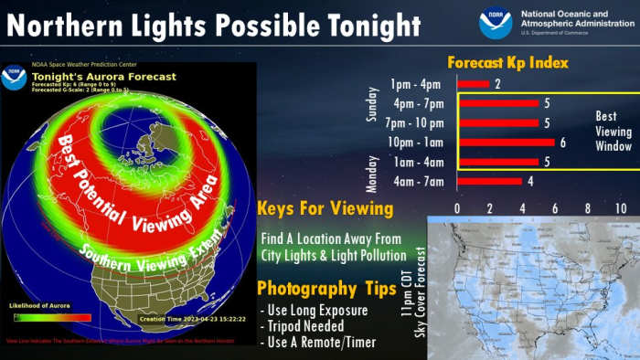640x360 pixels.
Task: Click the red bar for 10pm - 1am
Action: click(x=506, y=142)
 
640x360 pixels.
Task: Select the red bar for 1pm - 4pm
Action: click(x=473, y=84)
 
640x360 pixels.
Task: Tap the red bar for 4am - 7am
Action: click(x=489, y=181)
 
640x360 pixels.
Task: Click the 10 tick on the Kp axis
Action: click(x=621, y=209)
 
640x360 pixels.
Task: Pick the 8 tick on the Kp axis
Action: click(x=588, y=209)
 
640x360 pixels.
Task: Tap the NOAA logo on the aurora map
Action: click(x=14, y=77)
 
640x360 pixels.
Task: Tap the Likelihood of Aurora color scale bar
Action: click(x=52, y=317)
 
